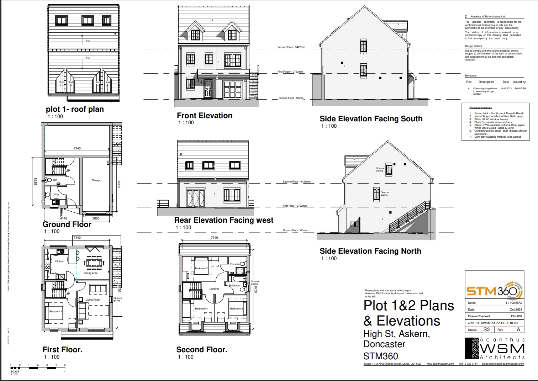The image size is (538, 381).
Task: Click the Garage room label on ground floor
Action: click(x=96, y=180)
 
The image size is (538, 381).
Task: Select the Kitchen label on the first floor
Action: click(x=59, y=261)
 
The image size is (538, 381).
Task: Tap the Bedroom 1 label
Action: click(x=56, y=312)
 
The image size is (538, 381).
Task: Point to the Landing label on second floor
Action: click(x=214, y=289)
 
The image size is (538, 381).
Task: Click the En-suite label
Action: click(x=235, y=264)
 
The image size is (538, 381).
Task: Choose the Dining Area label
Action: click(x=90, y=273)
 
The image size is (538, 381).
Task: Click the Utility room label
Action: click(x=56, y=195)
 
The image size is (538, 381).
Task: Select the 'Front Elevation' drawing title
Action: click(x=205, y=116)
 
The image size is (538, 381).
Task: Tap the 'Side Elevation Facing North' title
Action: click(x=370, y=251)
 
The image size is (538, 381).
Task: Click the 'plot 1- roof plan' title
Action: click(x=75, y=109)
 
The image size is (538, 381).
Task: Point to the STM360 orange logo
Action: click(x=494, y=291)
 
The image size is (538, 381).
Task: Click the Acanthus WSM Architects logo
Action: click(x=495, y=349)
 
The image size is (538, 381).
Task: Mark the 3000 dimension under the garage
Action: click(x=96, y=218)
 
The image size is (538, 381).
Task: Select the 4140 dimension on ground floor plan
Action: click(x=64, y=218)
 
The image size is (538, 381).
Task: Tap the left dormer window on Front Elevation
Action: click(x=195, y=35)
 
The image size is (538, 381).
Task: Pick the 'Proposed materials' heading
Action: click(x=480, y=107)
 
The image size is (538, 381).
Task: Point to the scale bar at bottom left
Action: click(x=38, y=368)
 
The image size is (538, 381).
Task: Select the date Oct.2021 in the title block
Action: click(x=516, y=309)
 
